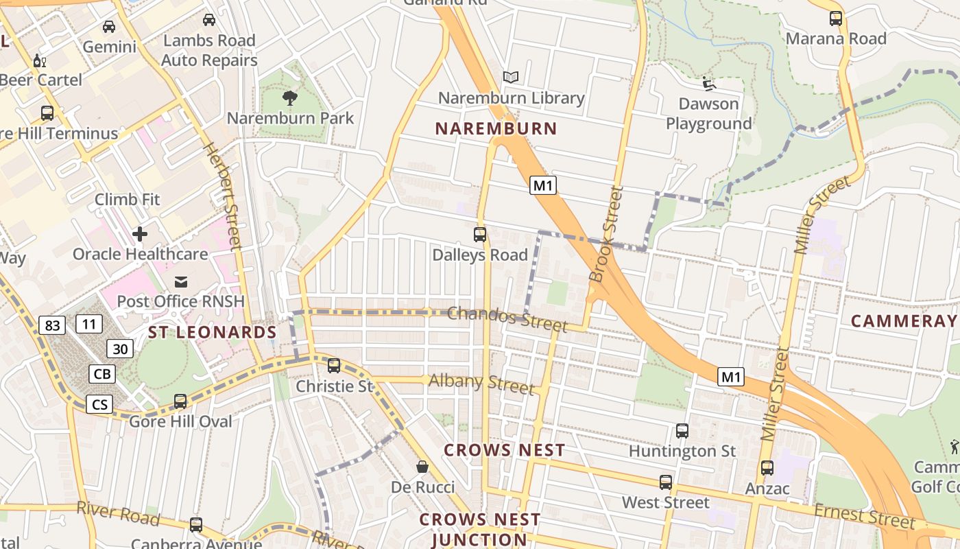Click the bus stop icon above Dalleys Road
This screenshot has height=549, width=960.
coord(480,235)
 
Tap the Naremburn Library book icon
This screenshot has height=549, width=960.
coord(510,77)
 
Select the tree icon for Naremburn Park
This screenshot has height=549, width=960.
coord(290,97)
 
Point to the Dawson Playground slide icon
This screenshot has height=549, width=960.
coord(709,84)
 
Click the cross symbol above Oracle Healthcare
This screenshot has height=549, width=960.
coord(140,234)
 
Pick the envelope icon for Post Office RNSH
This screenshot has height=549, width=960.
coord(181,281)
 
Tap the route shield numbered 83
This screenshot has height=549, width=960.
coord(52,325)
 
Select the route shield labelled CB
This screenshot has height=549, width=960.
coord(102,374)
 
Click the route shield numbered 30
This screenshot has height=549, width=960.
coord(120,349)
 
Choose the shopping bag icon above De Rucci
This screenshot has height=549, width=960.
coord(422,467)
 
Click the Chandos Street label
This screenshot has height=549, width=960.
coord(507,319)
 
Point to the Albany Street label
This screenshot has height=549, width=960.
coord(481,383)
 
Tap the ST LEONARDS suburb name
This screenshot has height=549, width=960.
coord(213,333)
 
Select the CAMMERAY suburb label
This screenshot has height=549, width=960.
coord(904,320)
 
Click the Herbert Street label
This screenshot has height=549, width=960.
coord(224,196)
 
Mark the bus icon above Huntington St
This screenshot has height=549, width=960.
coord(682,431)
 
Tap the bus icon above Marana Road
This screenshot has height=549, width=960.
coord(836,19)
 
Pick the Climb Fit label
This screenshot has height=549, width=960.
coord(127,200)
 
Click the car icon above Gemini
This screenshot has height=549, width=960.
coord(109,27)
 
